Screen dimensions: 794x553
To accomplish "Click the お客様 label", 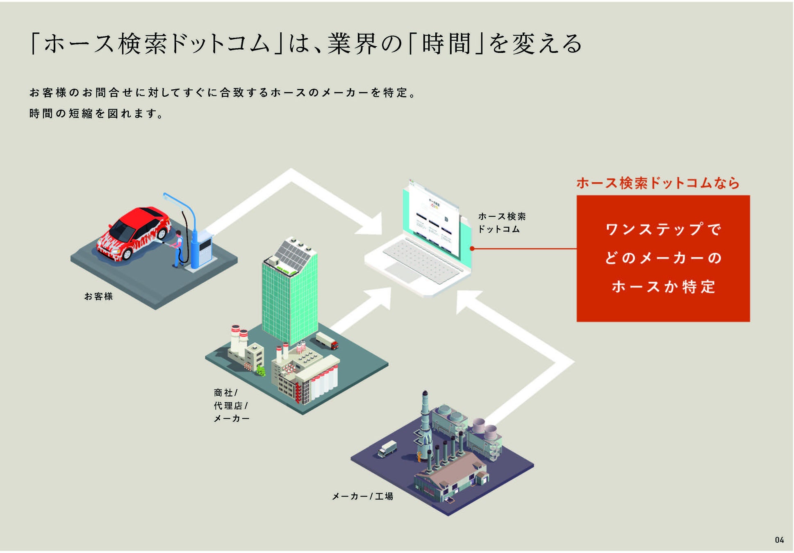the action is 98,296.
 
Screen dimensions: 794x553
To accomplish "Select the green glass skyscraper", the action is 289,303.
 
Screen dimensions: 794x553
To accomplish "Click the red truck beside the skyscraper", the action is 327,340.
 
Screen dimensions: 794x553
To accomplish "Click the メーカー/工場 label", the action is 362,496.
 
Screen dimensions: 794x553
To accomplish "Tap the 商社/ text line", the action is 225,393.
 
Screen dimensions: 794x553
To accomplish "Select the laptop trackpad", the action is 403,272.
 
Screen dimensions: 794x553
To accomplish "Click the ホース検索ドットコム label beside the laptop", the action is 502,222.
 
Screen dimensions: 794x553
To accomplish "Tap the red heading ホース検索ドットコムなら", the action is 657,183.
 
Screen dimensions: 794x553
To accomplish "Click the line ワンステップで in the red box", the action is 663,229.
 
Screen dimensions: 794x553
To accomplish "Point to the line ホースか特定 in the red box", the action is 663,287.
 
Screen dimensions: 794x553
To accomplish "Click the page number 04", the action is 779,540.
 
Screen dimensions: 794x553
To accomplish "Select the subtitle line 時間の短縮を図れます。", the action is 96,113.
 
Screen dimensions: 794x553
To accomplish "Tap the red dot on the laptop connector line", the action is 472,249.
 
